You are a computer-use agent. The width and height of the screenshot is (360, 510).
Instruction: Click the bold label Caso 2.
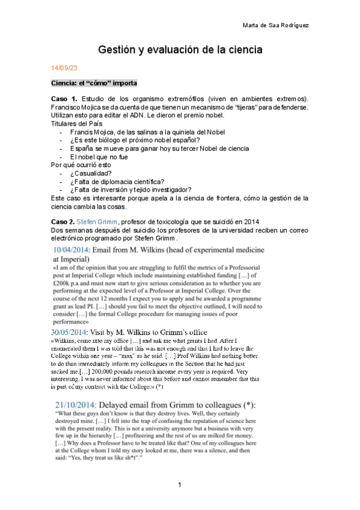(64, 221)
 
